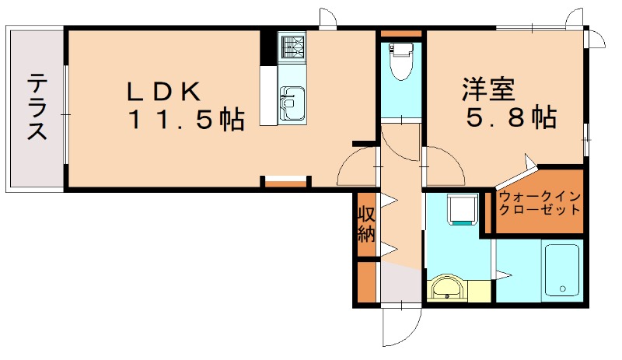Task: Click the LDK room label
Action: pos(164,91)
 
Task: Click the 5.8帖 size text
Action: pos(510,118)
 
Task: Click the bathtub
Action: pos(561,269)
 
